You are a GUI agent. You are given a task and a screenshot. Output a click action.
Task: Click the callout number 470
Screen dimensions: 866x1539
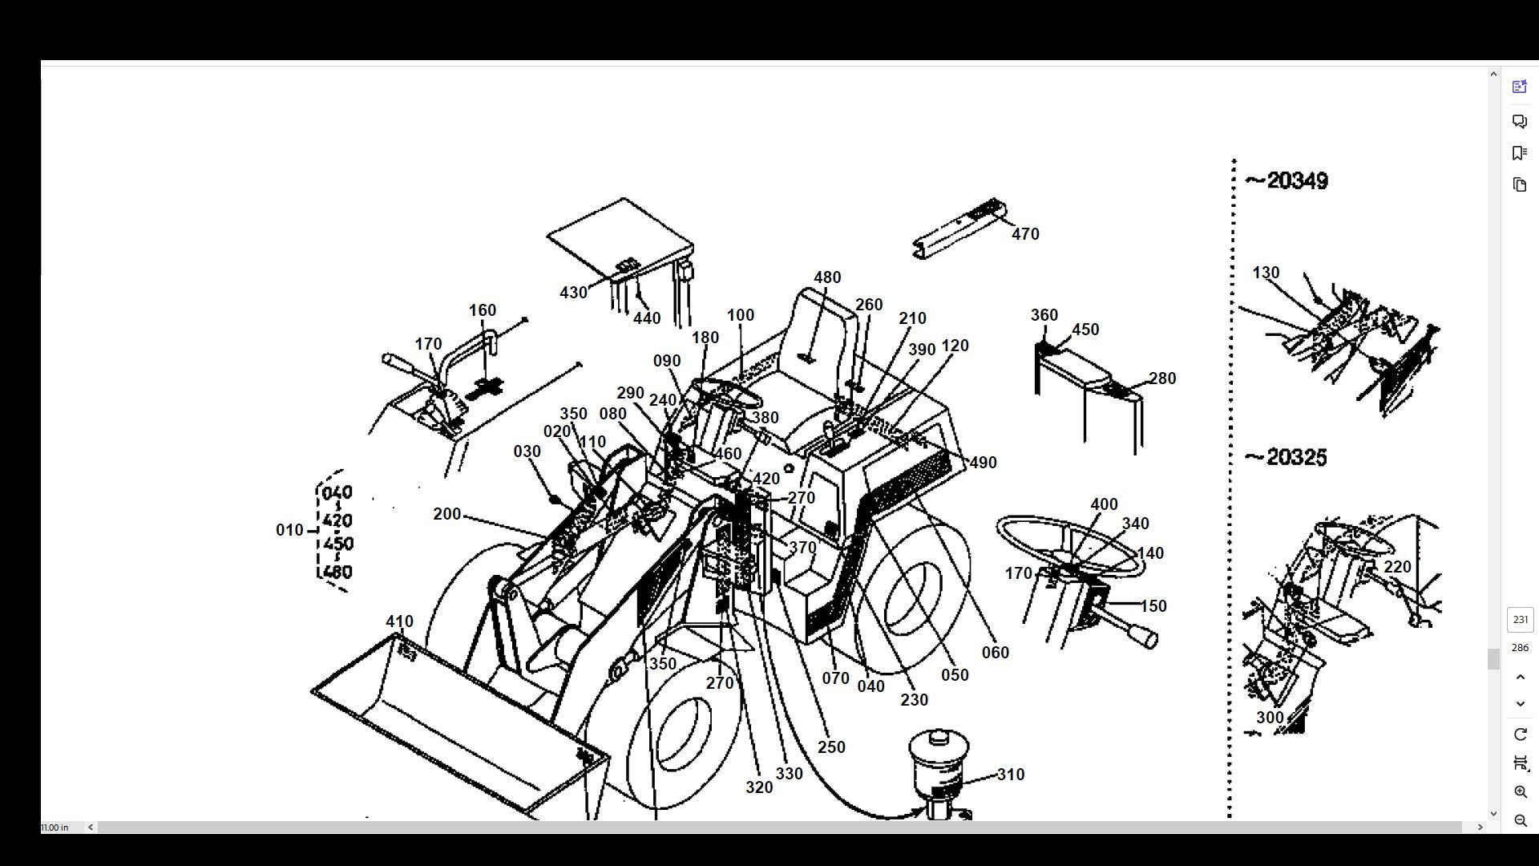(x=1025, y=234)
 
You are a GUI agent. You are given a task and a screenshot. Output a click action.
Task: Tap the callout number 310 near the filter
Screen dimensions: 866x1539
(x=1010, y=775)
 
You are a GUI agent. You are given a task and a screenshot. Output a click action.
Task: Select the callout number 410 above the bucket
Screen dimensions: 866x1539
(x=399, y=621)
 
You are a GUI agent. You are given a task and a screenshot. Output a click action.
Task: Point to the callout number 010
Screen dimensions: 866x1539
(x=289, y=530)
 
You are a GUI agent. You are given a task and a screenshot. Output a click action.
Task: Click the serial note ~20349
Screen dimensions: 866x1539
(x=1287, y=181)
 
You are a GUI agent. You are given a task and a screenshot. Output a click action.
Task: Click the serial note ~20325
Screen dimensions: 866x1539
(x=1286, y=458)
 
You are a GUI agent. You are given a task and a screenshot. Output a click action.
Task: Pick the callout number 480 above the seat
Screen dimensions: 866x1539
(x=827, y=277)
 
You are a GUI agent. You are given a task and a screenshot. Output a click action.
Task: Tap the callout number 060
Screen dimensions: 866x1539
(x=996, y=653)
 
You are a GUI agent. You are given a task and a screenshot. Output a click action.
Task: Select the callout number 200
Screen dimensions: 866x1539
(x=446, y=514)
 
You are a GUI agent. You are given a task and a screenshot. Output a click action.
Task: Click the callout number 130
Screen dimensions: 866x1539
(x=1266, y=273)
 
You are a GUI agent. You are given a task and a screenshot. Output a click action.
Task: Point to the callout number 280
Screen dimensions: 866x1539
(x=1162, y=378)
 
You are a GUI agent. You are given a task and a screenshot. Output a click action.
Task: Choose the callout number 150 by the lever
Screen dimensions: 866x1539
(x=1153, y=606)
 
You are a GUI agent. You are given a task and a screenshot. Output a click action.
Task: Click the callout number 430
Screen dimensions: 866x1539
(x=573, y=293)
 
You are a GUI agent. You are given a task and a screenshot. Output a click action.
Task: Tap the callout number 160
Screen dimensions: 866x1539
(x=482, y=310)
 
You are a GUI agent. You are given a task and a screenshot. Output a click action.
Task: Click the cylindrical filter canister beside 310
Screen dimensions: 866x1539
(x=939, y=763)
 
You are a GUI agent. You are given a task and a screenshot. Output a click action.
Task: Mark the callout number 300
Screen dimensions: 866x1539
(x=1270, y=718)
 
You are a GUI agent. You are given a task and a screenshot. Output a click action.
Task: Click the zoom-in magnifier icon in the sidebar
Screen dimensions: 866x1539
(x=1520, y=792)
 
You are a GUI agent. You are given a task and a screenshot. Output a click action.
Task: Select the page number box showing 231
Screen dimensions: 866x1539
(x=1520, y=619)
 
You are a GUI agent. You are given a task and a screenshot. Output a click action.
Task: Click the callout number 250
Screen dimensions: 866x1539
(x=831, y=747)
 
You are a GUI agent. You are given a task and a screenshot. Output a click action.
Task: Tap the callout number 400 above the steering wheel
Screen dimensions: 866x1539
(x=1104, y=504)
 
